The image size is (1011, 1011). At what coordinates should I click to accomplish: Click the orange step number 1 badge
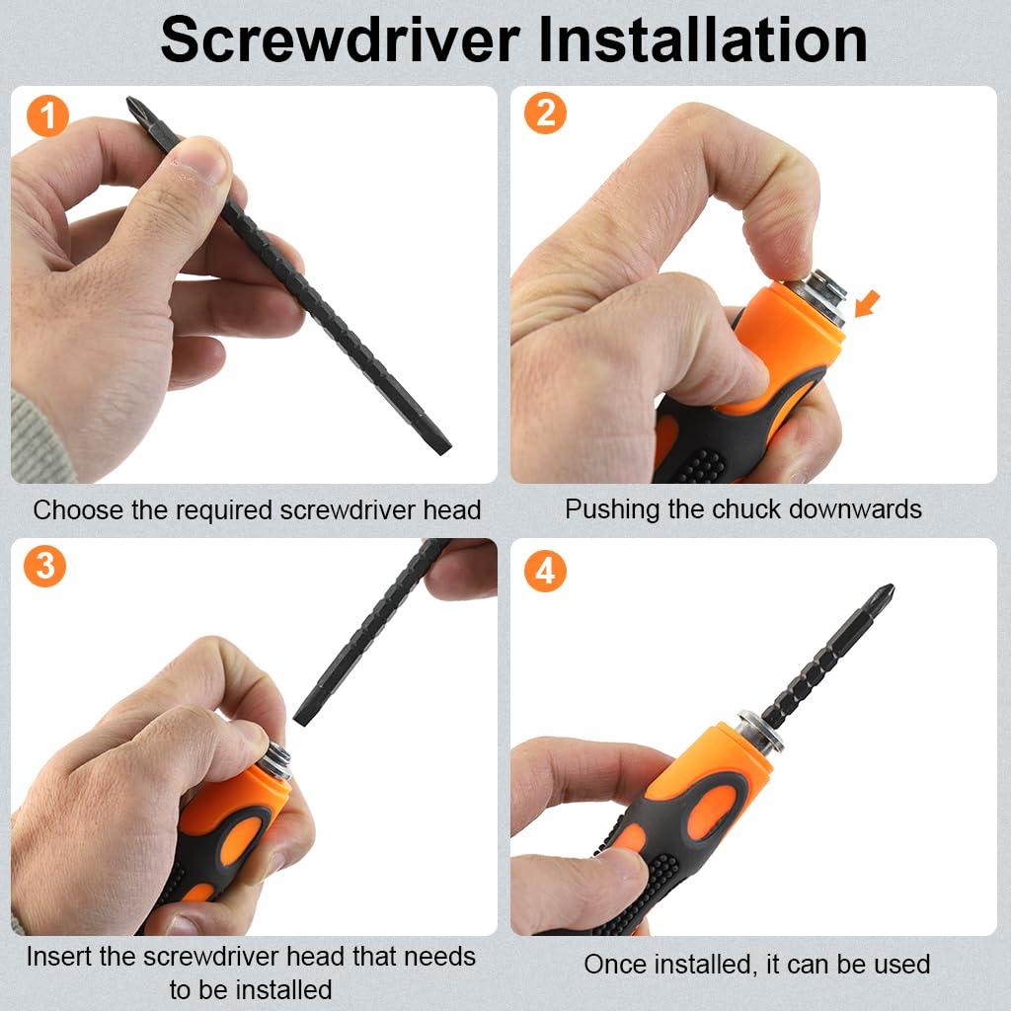pos(47,117)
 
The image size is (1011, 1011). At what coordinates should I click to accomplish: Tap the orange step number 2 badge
pos(545,113)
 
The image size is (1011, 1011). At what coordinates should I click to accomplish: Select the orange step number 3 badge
pos(44,566)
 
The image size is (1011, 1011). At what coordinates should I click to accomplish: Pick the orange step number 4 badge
pos(545,571)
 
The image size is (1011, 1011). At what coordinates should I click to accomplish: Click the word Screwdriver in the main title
pos(340,39)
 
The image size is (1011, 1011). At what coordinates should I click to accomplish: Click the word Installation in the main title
pos(703,39)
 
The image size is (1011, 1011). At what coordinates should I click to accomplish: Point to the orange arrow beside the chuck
pos(867,304)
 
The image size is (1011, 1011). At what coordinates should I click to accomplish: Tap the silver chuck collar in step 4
pos(761,731)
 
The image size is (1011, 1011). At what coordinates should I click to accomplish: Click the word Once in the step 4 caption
pos(615,965)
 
